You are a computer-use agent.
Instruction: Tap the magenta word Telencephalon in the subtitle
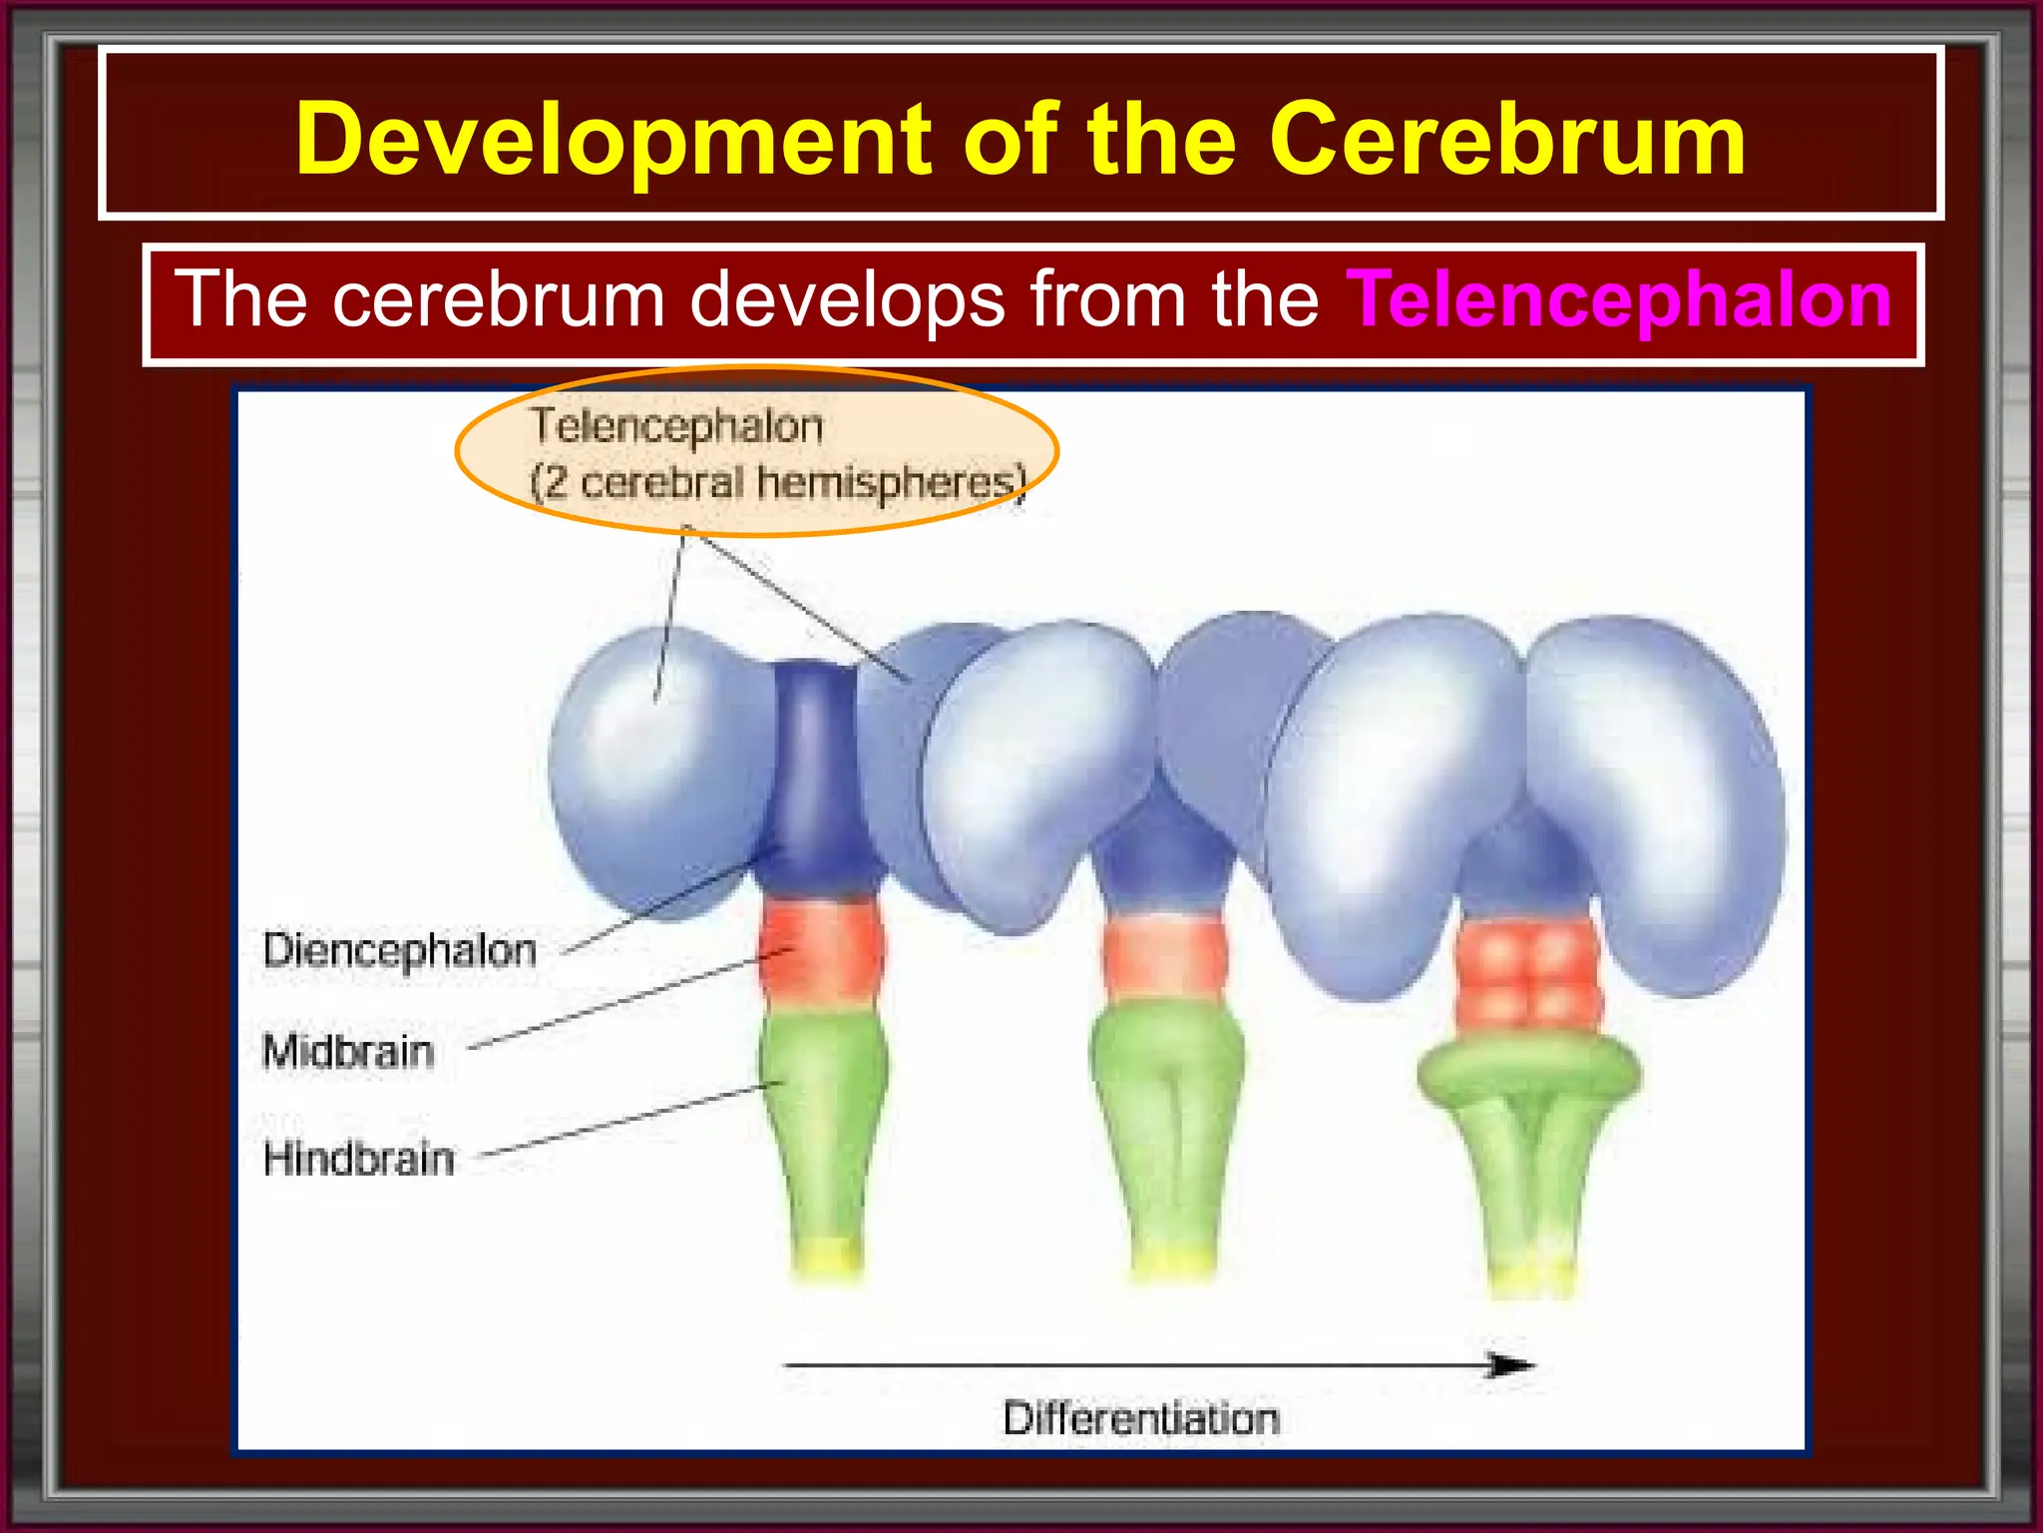coord(1618,299)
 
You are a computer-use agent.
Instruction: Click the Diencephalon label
coord(399,950)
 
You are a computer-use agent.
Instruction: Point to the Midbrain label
coord(347,1052)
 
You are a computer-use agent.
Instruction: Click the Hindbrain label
coord(358,1159)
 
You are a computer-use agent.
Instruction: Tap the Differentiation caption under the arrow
coord(1140,1418)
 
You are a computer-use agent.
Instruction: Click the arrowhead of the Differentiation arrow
coord(1511,1364)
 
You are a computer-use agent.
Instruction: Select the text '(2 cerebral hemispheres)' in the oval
coord(776,483)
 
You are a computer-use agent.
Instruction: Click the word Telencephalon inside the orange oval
coord(676,426)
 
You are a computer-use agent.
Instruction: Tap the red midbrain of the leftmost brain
coord(820,948)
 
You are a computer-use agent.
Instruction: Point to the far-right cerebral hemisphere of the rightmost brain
coord(1656,798)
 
